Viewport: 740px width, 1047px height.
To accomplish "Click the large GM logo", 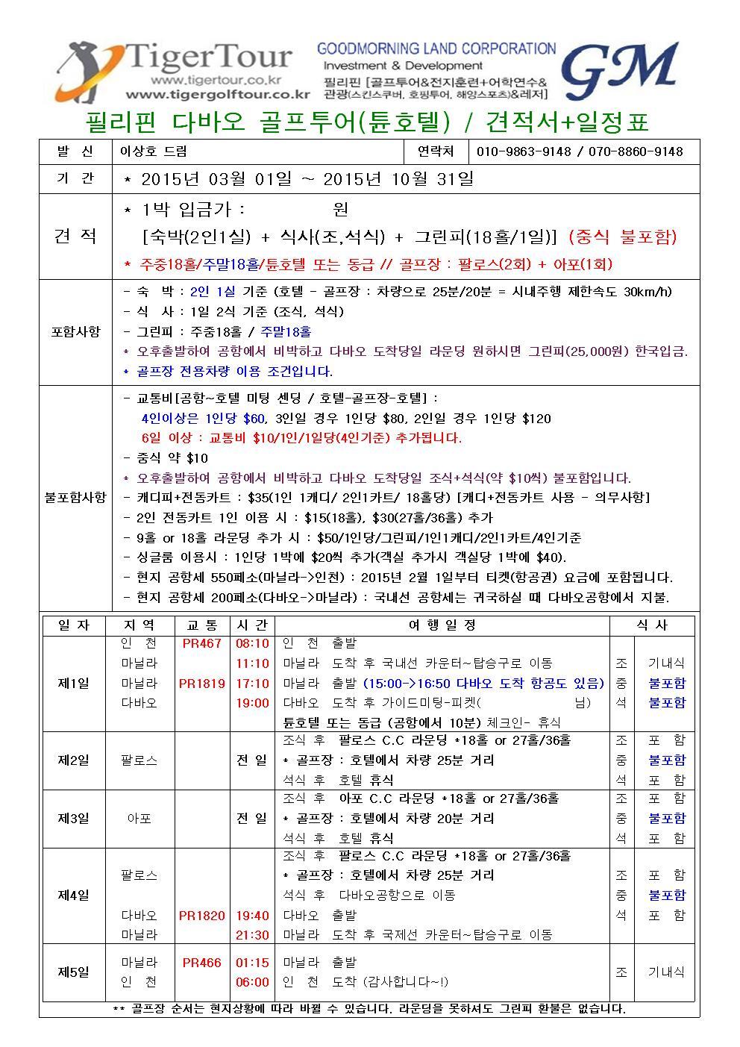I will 619,69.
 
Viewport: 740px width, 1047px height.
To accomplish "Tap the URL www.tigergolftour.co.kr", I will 218,95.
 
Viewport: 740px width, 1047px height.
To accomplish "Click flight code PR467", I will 202,643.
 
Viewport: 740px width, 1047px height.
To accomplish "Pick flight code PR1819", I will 202,683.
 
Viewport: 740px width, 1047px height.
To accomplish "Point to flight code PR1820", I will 202,915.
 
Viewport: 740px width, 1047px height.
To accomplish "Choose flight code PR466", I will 202,963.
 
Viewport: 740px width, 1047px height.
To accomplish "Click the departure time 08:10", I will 252,643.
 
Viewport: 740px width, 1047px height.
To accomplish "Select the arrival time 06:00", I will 252,982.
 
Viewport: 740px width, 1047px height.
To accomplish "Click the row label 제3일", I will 74,819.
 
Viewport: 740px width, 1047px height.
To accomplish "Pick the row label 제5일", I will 74,972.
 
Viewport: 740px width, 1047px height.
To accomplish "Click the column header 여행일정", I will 442,625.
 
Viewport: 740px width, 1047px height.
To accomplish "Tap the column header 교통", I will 202,625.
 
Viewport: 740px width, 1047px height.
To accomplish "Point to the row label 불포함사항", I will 75,496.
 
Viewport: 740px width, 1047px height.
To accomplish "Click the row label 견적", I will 75,237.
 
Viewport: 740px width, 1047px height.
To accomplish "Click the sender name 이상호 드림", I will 154,151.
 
